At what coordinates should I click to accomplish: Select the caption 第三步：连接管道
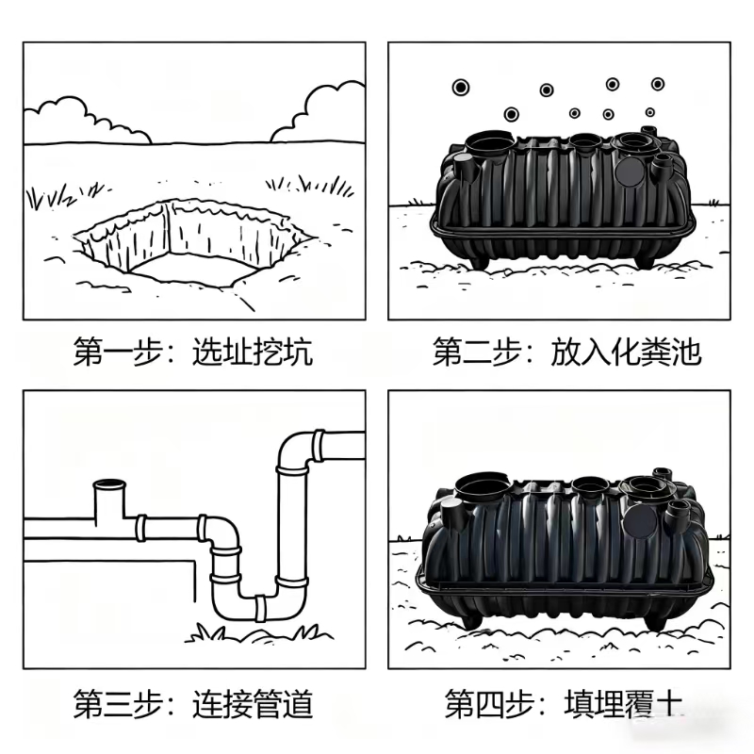click(193, 703)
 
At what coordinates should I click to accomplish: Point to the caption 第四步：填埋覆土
click(563, 703)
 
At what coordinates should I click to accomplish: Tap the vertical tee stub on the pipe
click(111, 500)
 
